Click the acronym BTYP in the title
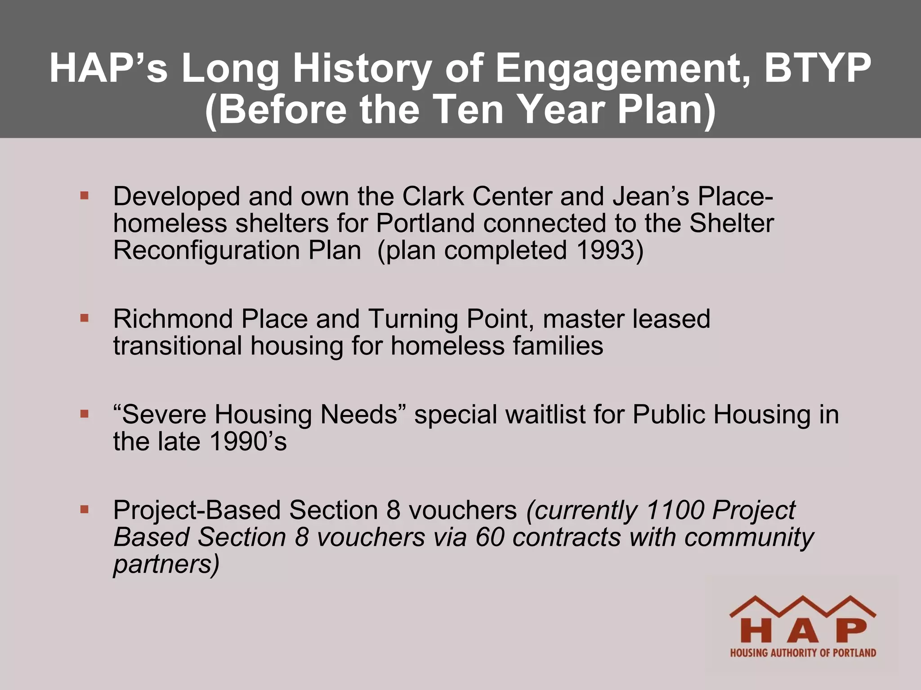(817, 68)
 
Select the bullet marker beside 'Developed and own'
(84, 196)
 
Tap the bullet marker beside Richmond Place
(84, 318)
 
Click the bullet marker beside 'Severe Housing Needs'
(84, 414)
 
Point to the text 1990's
(248, 441)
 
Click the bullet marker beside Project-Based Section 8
(84, 509)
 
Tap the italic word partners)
(166, 564)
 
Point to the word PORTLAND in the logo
(854, 653)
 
